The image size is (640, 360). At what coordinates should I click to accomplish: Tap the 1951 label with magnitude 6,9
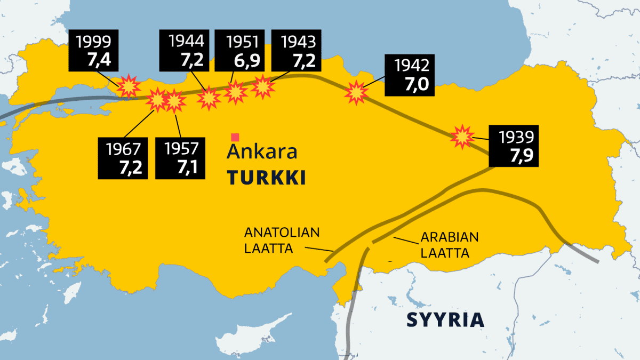(238, 51)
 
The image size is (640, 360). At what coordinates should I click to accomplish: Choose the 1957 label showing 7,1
(180, 158)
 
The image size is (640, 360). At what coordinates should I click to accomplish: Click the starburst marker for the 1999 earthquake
(129, 86)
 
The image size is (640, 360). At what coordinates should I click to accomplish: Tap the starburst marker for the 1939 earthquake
(462, 137)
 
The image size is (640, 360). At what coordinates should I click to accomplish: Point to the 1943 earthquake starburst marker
(263, 87)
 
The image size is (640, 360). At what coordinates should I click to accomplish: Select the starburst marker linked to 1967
(158, 100)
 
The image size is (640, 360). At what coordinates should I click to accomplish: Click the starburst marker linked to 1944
(209, 98)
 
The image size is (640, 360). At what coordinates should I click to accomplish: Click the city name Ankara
(262, 152)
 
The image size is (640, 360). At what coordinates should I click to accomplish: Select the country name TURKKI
(267, 178)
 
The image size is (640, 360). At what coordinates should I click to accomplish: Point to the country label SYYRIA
(445, 319)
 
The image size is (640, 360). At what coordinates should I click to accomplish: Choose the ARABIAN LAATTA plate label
(449, 245)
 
